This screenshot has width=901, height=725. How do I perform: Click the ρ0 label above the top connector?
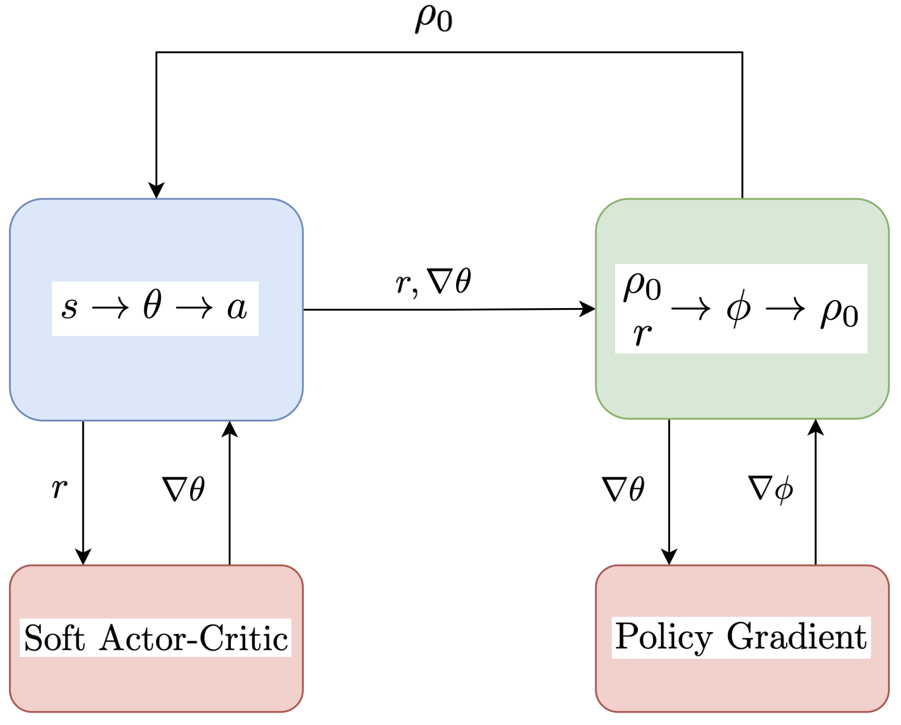[x=434, y=20]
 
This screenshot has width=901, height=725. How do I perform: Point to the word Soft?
[x=54, y=639]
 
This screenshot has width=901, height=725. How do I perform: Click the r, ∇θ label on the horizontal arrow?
[x=433, y=282]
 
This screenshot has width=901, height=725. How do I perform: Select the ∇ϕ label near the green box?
[x=770, y=488]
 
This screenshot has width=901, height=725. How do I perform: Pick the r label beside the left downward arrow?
[x=59, y=488]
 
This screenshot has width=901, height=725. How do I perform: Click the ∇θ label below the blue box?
[x=183, y=489]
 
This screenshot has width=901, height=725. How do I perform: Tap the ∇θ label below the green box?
[x=623, y=489]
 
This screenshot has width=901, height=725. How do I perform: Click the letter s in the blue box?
[x=69, y=309]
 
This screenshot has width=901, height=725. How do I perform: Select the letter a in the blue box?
[x=237, y=309]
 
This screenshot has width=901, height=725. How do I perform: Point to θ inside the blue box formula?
[x=152, y=306]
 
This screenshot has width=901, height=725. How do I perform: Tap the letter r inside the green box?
[x=642, y=334]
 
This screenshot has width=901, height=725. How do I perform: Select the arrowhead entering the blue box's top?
[x=156, y=191]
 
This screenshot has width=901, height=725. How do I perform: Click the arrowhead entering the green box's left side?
[x=589, y=309]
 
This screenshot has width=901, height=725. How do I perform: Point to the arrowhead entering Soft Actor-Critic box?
[x=83, y=557]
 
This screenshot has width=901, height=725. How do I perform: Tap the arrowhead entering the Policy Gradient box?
[x=669, y=557]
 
